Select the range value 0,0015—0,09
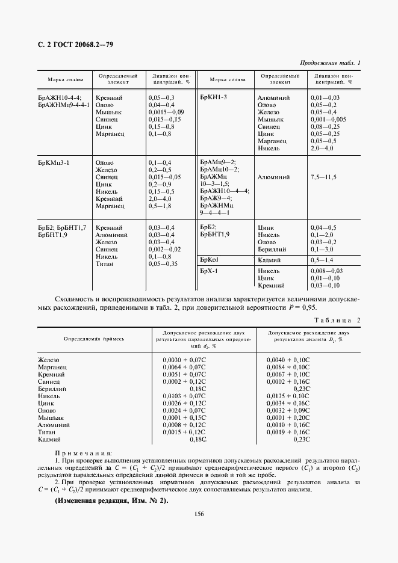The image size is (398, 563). click(166, 112)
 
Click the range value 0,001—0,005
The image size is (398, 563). click(328, 120)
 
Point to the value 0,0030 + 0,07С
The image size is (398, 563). click(184, 359)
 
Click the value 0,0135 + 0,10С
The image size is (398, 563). click(288, 396)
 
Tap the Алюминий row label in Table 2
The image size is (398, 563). click(54, 425)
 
